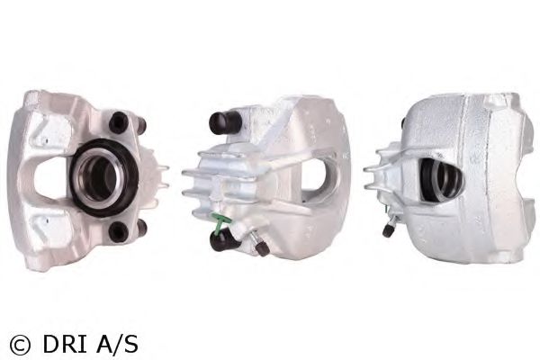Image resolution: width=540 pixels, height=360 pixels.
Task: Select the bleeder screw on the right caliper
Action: click(x=387, y=229)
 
